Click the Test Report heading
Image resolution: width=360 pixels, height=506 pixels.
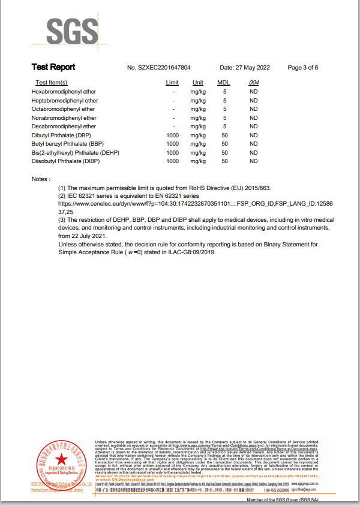click(x=53, y=67)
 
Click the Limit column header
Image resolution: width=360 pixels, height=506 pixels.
click(x=172, y=83)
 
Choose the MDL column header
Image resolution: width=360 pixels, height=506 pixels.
click(x=223, y=83)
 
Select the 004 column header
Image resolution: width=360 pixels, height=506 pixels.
click(x=253, y=83)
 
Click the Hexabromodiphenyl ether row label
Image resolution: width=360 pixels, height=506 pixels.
click(x=64, y=92)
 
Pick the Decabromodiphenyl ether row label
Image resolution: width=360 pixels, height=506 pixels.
click(x=64, y=126)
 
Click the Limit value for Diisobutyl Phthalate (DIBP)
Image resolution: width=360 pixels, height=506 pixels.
click(x=172, y=161)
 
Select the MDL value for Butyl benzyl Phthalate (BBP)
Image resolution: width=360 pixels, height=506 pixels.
click(x=224, y=144)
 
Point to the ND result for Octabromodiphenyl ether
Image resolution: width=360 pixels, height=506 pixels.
click(x=253, y=109)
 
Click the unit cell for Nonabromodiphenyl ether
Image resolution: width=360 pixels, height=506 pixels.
click(x=198, y=118)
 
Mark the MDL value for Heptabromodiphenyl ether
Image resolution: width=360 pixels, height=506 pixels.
click(x=224, y=101)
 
